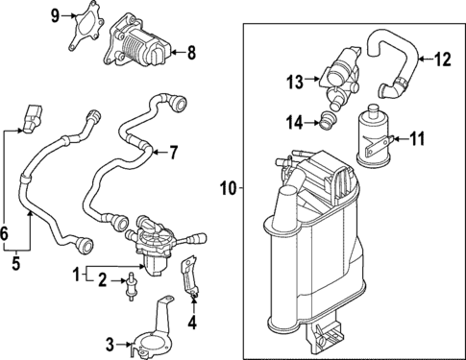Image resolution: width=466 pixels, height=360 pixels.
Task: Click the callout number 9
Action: (x=54, y=14)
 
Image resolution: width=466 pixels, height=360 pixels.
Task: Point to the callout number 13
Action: (x=293, y=82)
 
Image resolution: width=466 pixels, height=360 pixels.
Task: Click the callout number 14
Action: (x=294, y=121)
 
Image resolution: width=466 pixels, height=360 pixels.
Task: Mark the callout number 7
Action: (x=174, y=151)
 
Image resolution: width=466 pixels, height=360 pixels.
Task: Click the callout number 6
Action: (x=7, y=234)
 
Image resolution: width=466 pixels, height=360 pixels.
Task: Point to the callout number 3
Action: (x=110, y=343)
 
